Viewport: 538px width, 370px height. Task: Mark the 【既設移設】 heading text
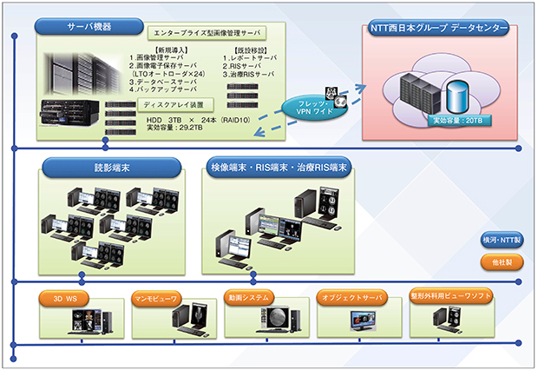pyautogui.click(x=252, y=50)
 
